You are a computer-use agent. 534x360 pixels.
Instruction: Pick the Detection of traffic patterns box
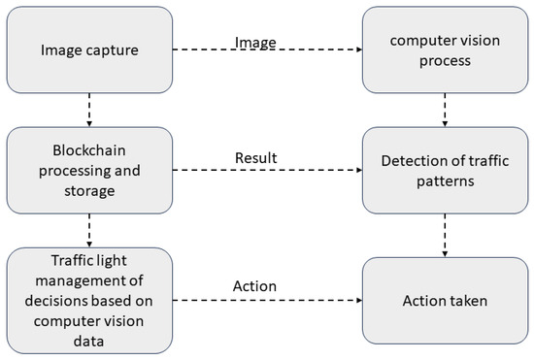pos(445,172)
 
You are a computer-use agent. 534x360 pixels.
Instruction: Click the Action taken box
pos(445,301)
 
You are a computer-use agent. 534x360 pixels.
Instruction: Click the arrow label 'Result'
pos(256,157)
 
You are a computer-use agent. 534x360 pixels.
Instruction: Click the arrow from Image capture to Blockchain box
pos(88,109)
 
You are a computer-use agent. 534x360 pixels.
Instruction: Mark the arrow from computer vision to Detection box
pos(445,109)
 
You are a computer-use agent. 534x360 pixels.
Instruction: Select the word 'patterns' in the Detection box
pos(445,181)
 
